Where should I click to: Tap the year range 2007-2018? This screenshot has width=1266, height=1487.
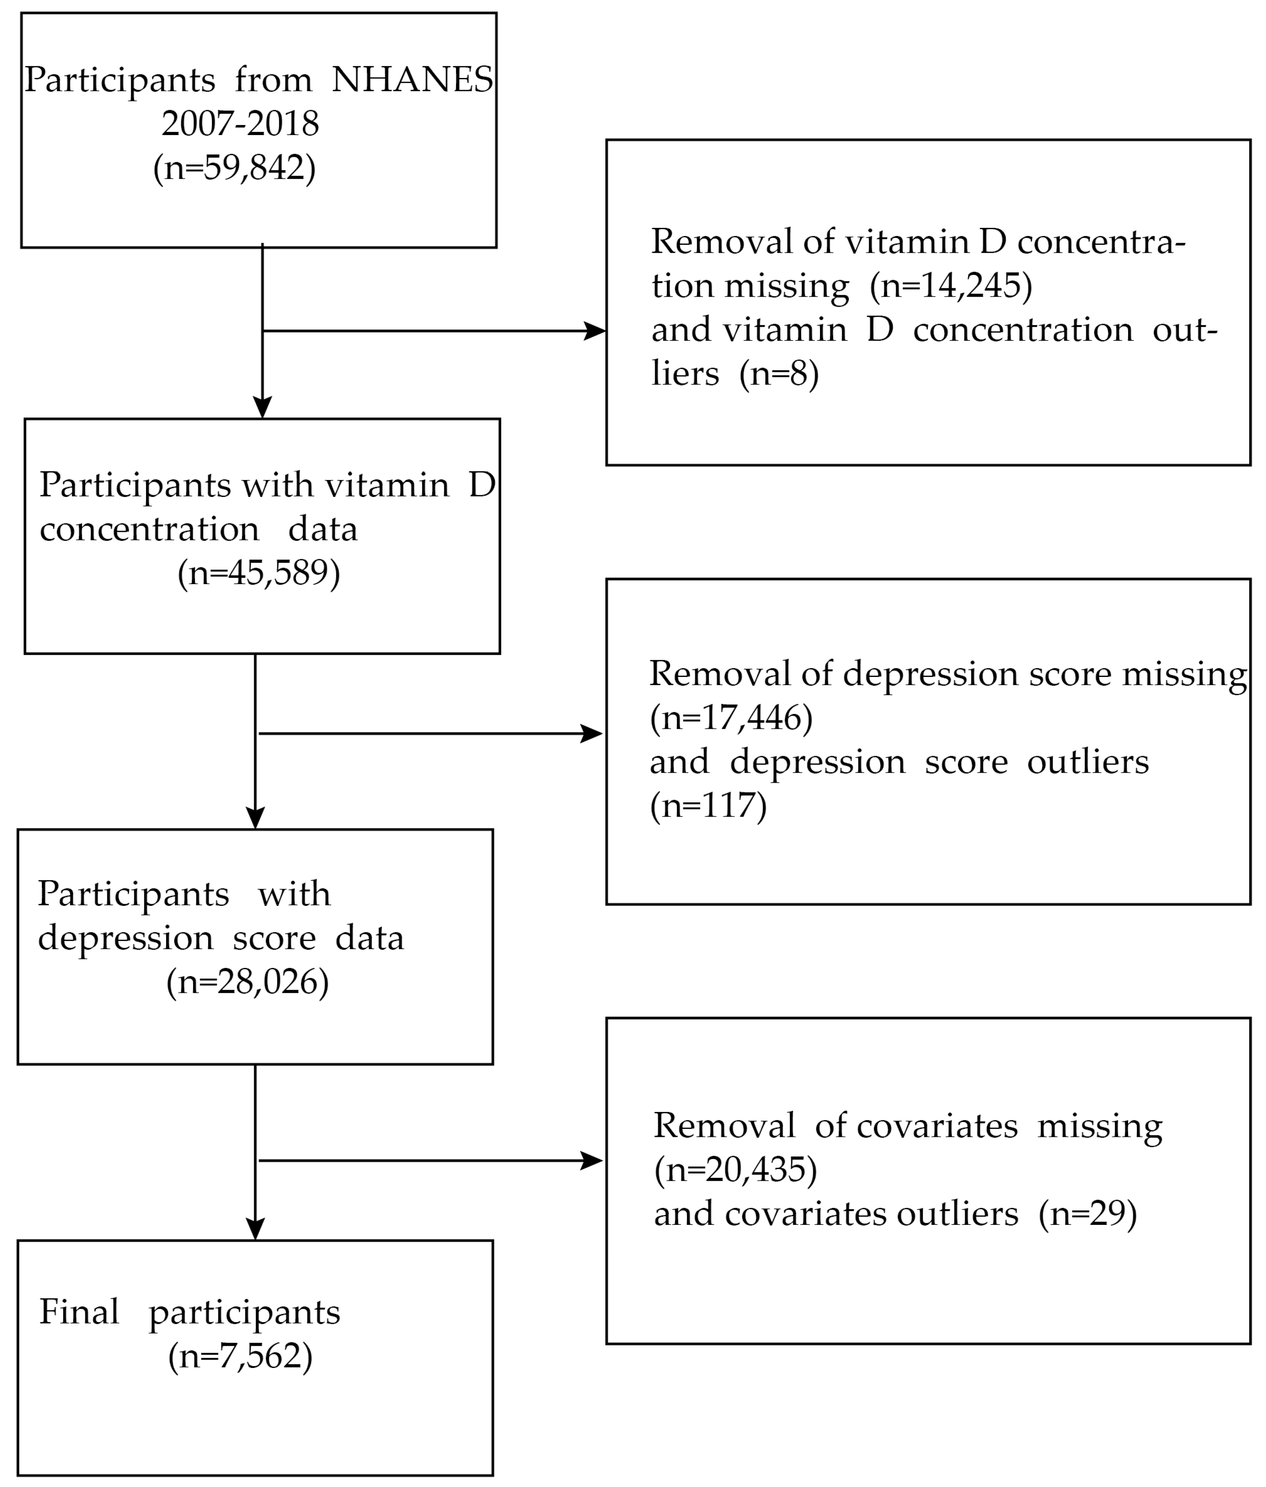[240, 123]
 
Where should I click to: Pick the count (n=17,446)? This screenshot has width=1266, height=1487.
[731, 718]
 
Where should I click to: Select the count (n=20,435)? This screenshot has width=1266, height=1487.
[735, 1170]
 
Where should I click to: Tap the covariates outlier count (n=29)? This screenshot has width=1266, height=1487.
[1087, 1214]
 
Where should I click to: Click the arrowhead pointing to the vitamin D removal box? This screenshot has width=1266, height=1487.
[595, 331]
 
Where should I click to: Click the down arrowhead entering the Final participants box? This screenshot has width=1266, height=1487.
[255, 1229]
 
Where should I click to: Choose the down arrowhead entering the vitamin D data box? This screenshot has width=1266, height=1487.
[263, 408]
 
